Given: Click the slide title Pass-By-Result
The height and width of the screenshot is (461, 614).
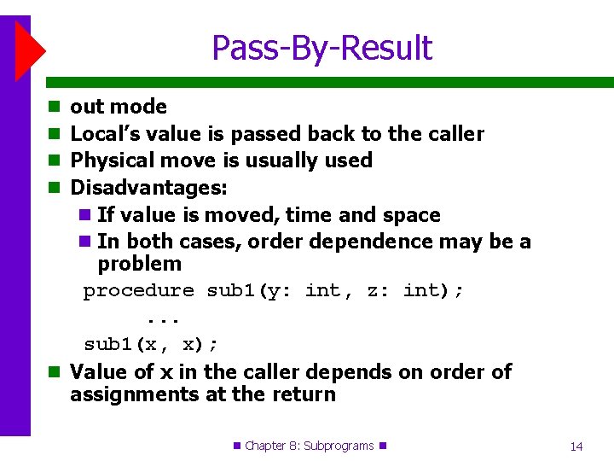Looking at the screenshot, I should [x=321, y=48].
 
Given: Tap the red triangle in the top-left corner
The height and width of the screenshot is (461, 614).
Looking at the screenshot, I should [x=28, y=51].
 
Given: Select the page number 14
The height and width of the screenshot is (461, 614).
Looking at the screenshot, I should [x=576, y=446].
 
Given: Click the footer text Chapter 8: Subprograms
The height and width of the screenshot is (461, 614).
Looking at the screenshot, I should [x=309, y=446].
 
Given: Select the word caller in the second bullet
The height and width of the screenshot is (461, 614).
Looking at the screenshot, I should [x=454, y=134].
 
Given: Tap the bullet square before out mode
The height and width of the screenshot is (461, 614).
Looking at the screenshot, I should [x=54, y=108].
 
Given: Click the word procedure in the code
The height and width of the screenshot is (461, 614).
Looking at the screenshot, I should [x=138, y=291].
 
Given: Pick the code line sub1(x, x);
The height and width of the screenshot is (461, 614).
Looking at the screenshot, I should [x=151, y=344].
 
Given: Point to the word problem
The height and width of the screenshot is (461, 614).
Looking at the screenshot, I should [x=139, y=264].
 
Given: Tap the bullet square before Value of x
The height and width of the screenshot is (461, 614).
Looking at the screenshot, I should [x=54, y=373].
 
